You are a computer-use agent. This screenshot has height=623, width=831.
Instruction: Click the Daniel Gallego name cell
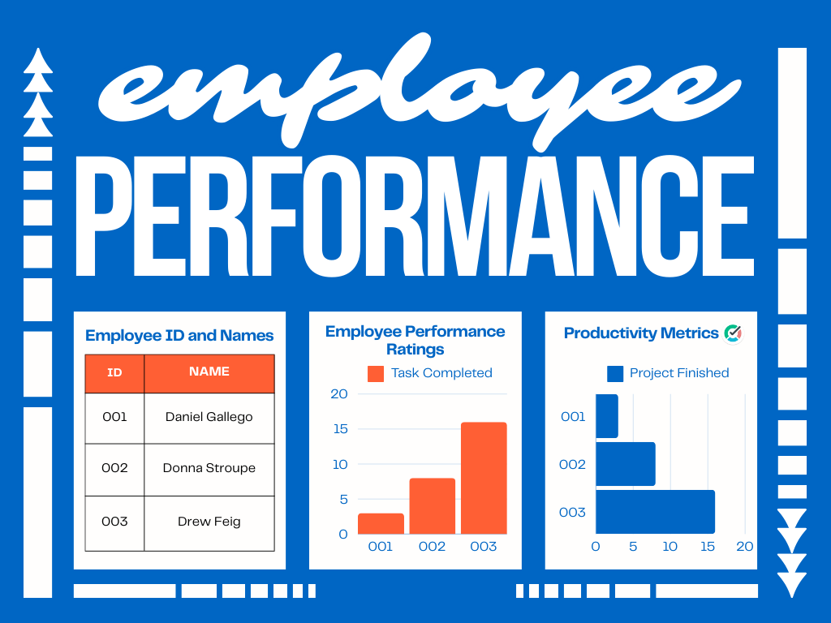[209, 417]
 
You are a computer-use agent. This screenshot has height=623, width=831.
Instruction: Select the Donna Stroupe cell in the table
[209, 468]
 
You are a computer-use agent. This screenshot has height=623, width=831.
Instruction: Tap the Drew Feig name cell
[209, 522]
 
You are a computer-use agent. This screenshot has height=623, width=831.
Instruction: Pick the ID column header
[114, 373]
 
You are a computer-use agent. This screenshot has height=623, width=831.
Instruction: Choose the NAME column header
[209, 372]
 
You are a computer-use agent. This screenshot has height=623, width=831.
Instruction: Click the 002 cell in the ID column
[114, 468]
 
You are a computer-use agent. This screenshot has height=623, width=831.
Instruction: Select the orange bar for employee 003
[484, 478]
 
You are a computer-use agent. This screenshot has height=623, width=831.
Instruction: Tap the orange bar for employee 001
[381, 523]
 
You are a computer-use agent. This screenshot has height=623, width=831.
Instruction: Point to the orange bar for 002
[432, 505]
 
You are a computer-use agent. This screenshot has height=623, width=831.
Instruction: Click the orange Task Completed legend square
[376, 373]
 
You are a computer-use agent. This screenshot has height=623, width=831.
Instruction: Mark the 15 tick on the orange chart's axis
[339, 429]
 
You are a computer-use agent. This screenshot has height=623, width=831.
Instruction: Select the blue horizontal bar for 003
[655, 512]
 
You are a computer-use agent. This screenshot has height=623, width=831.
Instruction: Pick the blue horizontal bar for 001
[606, 416]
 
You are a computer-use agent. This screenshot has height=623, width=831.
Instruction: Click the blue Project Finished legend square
[615, 373]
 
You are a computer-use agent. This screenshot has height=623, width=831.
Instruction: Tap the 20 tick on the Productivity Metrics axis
[745, 547]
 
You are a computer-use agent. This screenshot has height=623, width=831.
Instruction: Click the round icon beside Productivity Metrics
[734, 333]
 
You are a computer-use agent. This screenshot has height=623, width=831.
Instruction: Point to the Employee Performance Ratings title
[415, 340]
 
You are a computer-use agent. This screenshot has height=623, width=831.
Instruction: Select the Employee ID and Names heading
[179, 336]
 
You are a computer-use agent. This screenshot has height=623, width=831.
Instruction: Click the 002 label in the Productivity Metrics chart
[572, 465]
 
